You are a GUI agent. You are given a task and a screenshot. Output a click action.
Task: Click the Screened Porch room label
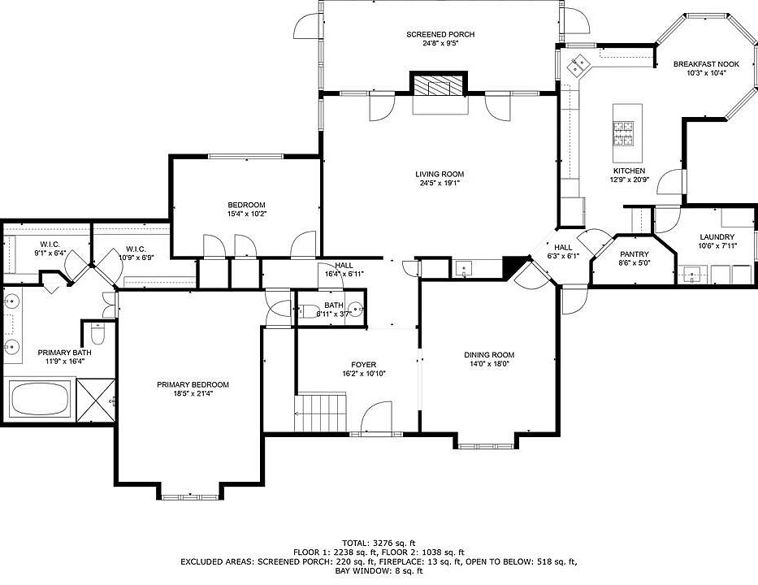pyautogui.click(x=440, y=34)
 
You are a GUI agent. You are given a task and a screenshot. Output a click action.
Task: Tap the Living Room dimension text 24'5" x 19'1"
pyautogui.click(x=440, y=183)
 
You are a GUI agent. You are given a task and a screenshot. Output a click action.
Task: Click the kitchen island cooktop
pyautogui.click(x=623, y=133)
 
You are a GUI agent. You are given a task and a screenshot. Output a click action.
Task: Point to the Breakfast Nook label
pyautogui.click(x=706, y=64)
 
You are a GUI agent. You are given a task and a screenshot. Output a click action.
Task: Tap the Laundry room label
pyautogui.click(x=717, y=237)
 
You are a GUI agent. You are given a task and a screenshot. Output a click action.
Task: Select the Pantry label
pyautogui.click(x=635, y=254)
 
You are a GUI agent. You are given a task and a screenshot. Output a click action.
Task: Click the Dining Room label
pyautogui.click(x=489, y=355)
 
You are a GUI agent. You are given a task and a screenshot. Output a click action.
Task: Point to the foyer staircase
pyautogui.click(x=322, y=413)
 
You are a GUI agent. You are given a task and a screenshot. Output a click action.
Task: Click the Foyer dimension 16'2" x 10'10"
pyautogui.click(x=363, y=373)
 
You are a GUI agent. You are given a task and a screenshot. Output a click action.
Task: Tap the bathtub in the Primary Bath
pyautogui.click(x=40, y=399)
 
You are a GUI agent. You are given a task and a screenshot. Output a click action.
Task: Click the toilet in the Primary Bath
pyautogui.click(x=98, y=333)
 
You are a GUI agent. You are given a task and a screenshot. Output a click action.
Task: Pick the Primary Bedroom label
pyautogui.click(x=193, y=385)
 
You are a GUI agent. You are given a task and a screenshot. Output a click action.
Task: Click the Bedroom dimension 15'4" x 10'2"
pyautogui.click(x=247, y=214)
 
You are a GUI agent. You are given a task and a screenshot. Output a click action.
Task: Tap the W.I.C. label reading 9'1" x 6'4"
pyautogui.click(x=50, y=253)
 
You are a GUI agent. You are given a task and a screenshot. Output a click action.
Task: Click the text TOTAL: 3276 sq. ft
pyautogui.click(x=379, y=543)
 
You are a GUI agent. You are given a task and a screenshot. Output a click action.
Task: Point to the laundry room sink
pyautogui.click(x=692, y=275)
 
